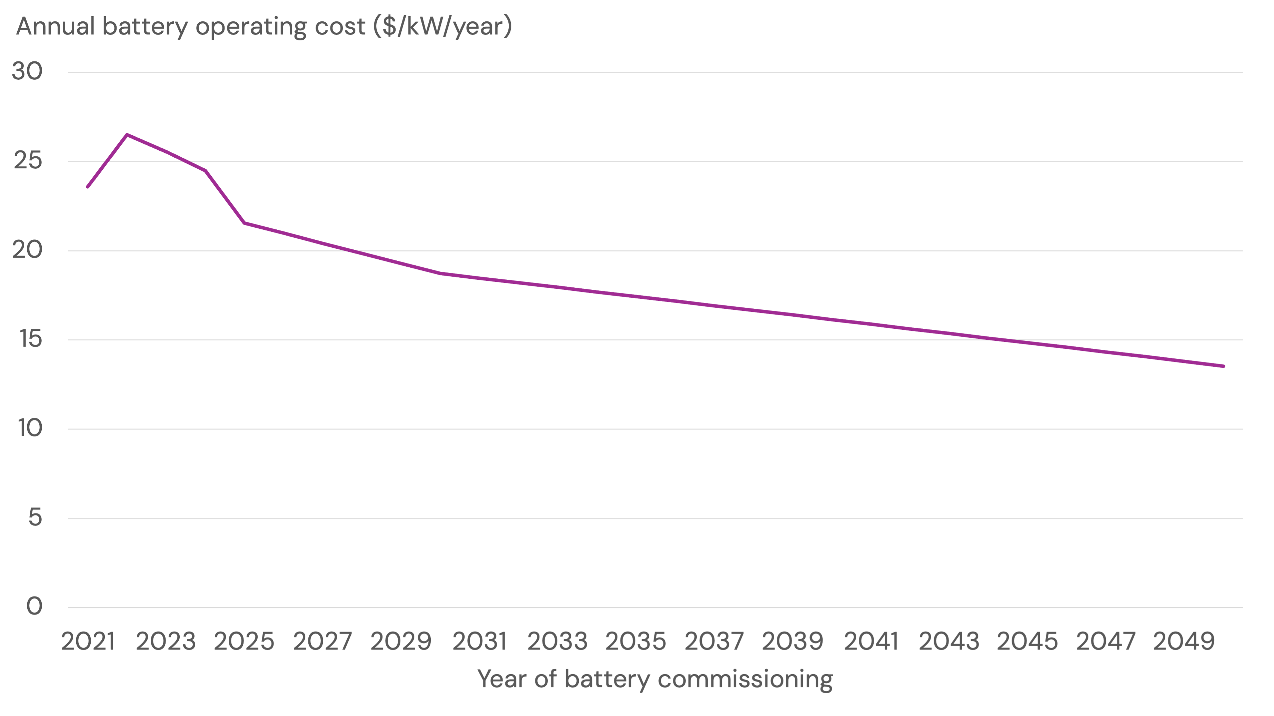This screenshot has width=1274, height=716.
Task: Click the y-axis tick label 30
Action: click(x=27, y=71)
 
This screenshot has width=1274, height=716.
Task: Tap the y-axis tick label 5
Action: click(x=35, y=517)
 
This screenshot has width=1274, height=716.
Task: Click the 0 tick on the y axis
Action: click(x=34, y=606)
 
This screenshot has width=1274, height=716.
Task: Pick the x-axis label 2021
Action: click(x=88, y=642)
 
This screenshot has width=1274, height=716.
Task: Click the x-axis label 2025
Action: click(x=244, y=642)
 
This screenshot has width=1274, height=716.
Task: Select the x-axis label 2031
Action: click(x=480, y=642)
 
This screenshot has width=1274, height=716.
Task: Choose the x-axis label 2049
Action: click(x=1184, y=642)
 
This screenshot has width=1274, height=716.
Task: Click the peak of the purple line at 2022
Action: click(x=127, y=135)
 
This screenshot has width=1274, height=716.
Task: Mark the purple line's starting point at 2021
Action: click(x=88, y=187)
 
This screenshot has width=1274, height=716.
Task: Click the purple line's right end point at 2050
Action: click(x=1224, y=366)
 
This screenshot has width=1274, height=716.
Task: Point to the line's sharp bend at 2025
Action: click(x=244, y=223)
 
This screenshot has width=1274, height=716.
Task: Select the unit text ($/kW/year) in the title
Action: click(x=442, y=27)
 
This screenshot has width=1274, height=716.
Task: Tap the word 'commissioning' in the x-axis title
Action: click(x=745, y=679)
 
